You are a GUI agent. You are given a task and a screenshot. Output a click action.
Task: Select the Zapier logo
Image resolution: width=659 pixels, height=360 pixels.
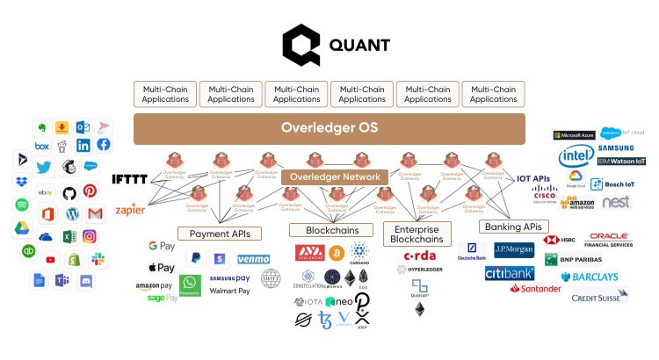tap(130, 211)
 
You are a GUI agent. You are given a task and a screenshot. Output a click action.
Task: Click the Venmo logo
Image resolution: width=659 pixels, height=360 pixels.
tap(253, 259)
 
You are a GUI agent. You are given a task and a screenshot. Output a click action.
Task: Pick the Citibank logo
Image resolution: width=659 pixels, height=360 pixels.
tap(510, 273)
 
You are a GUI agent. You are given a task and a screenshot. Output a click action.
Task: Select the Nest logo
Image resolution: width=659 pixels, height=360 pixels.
tap(615, 202)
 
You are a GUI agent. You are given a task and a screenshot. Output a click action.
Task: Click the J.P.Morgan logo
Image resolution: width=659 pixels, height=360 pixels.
tap(514, 249)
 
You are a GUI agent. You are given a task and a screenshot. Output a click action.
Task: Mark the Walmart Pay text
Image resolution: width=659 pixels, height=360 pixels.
tap(230, 291)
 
